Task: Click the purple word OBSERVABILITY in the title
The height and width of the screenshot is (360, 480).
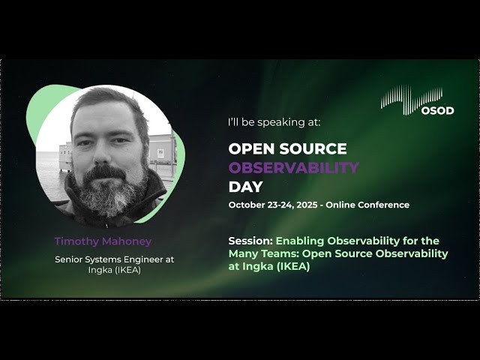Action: tap(293, 167)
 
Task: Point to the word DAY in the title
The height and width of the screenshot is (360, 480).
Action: tap(245, 187)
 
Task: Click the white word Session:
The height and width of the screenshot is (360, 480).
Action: tap(250, 241)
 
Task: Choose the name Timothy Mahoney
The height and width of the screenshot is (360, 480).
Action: tap(103, 241)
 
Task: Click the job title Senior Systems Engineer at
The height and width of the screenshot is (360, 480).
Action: tap(114, 259)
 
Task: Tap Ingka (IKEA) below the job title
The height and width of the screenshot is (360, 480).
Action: tap(114, 270)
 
